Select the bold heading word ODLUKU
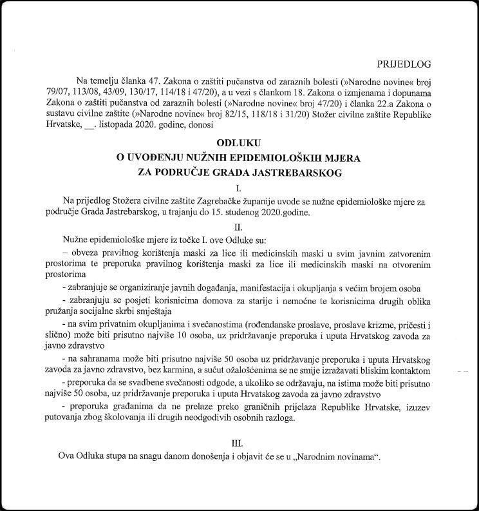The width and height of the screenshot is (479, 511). point(236,142)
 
